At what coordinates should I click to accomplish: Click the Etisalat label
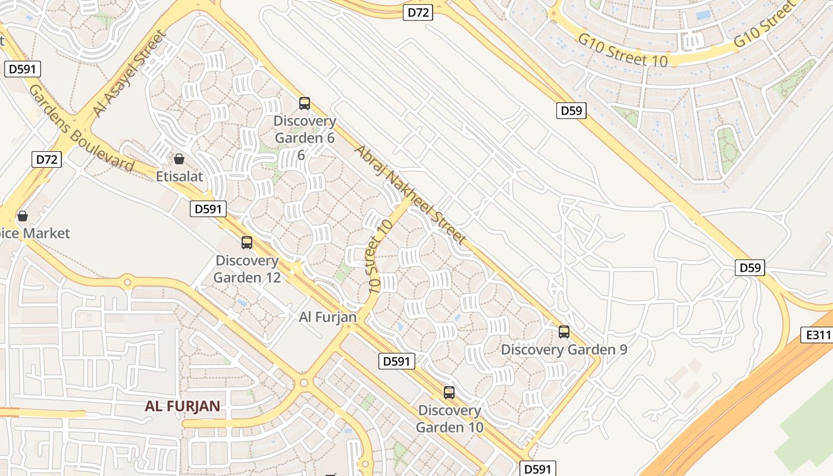(179, 176)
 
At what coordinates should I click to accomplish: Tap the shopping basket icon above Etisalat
(178, 159)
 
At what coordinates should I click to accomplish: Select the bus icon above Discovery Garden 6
(305, 104)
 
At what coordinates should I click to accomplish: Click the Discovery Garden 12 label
(247, 269)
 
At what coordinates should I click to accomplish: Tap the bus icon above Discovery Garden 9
(564, 332)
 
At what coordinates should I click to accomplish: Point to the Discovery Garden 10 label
(449, 419)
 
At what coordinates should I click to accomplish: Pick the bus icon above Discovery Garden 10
(449, 393)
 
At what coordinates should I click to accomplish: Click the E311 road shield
(818, 335)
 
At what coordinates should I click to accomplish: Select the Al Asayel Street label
(128, 74)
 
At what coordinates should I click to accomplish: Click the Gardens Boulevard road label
(81, 128)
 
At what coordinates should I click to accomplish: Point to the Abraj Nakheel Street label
(410, 194)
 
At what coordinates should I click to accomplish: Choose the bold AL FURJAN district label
(183, 406)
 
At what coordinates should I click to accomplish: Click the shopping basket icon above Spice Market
(23, 215)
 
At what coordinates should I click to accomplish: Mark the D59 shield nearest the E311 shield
(750, 268)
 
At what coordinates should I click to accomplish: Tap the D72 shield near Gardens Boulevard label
(46, 159)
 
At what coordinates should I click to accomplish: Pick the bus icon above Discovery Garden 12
(247, 243)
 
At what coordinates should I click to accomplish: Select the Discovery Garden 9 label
(564, 349)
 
